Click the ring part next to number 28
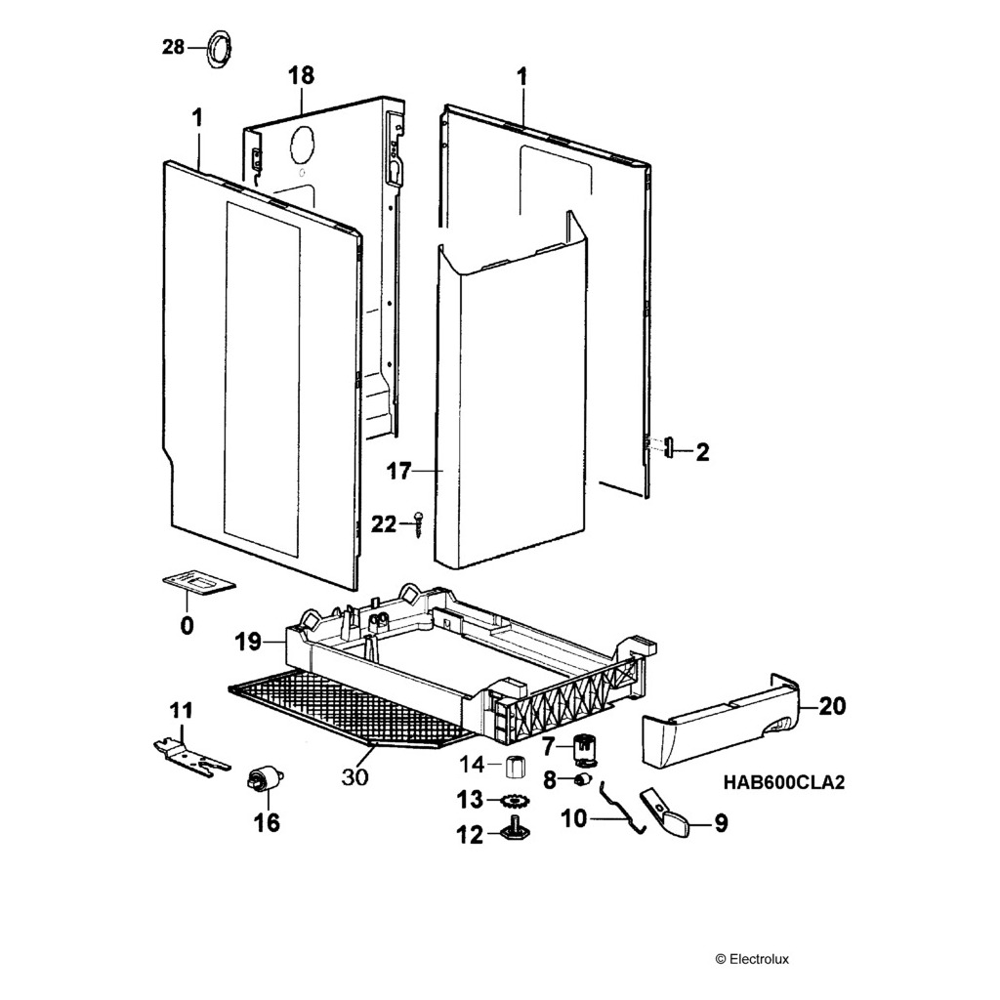point(219,48)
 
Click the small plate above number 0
point(198,583)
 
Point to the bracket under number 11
point(190,754)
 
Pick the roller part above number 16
point(264,779)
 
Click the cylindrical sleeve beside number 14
point(517,764)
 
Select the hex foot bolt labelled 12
point(515,832)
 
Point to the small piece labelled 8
point(583,778)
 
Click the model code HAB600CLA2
point(783,782)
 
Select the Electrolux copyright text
point(752,959)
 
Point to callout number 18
point(301,76)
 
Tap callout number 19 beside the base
point(248,642)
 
